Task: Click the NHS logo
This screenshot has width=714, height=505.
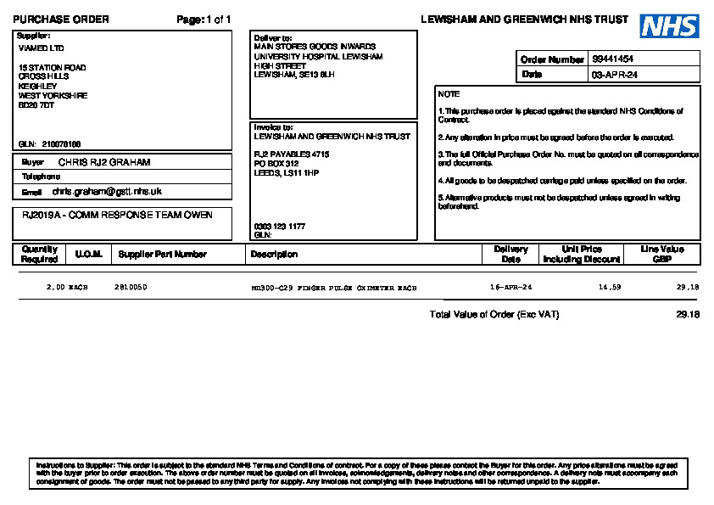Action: pyautogui.click(x=669, y=26)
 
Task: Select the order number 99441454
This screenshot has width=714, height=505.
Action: pyautogui.click(x=613, y=59)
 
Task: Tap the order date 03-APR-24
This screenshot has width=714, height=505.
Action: pyautogui.click(x=615, y=75)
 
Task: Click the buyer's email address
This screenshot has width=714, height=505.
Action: pyautogui.click(x=106, y=192)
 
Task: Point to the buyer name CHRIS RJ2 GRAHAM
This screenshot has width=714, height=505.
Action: pyautogui.click(x=104, y=161)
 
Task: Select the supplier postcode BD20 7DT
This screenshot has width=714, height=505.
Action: pyautogui.click(x=36, y=105)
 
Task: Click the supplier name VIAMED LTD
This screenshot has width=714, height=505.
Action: pyautogui.click(x=41, y=48)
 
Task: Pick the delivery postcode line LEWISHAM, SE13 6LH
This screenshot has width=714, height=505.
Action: pyautogui.click(x=294, y=75)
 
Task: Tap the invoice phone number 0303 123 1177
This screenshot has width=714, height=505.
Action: pyautogui.click(x=279, y=227)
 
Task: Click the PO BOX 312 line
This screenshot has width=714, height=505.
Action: pyautogui.click(x=276, y=163)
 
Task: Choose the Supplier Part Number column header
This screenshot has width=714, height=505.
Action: pyautogui.click(x=162, y=254)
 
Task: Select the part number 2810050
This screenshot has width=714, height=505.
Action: pyautogui.click(x=131, y=288)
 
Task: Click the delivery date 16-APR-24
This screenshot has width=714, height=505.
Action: pyautogui.click(x=511, y=288)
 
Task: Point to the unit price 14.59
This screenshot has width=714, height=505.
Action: pyautogui.click(x=610, y=288)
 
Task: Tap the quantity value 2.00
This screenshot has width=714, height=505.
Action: pyautogui.click(x=55, y=288)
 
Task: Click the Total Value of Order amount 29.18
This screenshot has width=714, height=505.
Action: pyautogui.click(x=688, y=314)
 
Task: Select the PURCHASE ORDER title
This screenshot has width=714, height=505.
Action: pyautogui.click(x=61, y=20)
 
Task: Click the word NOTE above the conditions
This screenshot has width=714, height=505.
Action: pyautogui.click(x=449, y=94)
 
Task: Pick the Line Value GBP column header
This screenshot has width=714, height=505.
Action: pyautogui.click(x=662, y=254)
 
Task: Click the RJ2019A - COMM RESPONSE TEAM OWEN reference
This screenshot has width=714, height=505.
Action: pyautogui.click(x=117, y=214)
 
